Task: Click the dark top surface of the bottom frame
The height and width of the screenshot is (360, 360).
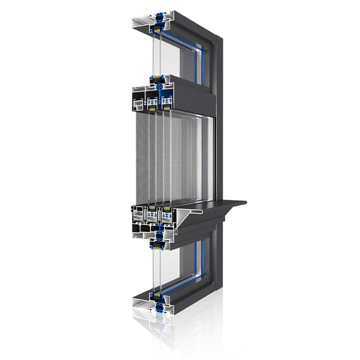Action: point(186,288)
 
